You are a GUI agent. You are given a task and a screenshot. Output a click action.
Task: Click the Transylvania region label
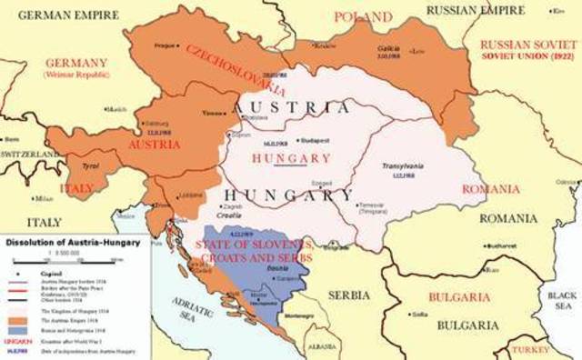pos(398,168)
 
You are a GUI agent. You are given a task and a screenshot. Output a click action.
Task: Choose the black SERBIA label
pos(348,295)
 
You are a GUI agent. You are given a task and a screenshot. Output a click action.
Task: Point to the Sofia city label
pos(419,315)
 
